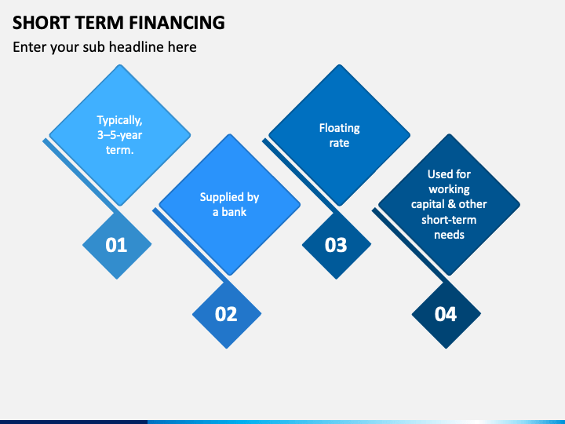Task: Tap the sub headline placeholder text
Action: click(x=104, y=47)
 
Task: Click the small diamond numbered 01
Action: click(x=116, y=245)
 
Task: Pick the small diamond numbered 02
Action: click(x=226, y=314)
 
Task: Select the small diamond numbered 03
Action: click(x=336, y=245)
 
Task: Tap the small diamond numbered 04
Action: click(x=446, y=314)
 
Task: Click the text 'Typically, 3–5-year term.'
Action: click(x=119, y=135)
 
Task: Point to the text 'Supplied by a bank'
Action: click(x=229, y=204)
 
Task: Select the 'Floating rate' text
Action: click(x=339, y=135)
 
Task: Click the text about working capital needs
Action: click(x=449, y=204)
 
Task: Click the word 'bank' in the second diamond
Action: click(x=234, y=212)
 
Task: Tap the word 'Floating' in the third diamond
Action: click(x=339, y=127)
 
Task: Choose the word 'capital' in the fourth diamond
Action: click(x=429, y=204)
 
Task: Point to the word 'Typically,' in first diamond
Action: click(x=119, y=120)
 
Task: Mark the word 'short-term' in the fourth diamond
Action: click(x=449, y=220)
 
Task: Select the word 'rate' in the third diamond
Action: click(x=339, y=143)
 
